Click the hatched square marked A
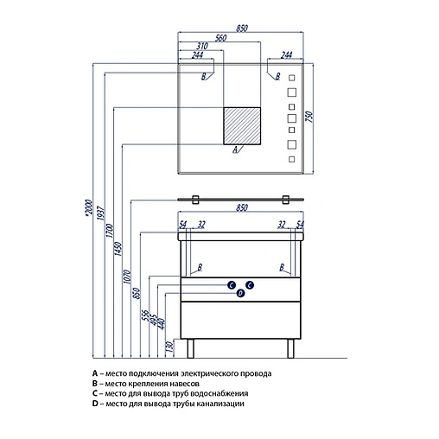tap(242, 126)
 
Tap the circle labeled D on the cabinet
tap(240, 294)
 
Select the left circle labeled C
tap(232, 285)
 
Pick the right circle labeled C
tap(250, 285)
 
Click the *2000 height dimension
tap(88, 207)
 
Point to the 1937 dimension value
tap(100, 213)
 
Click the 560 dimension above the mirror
tap(221, 38)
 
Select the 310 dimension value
tap(202, 46)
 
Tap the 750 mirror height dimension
tap(309, 117)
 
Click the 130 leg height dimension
tap(170, 347)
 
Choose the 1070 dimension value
tap(127, 277)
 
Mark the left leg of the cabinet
tap(190, 348)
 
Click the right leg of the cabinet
tap(290, 348)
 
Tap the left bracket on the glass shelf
tap(195, 200)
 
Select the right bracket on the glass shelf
tap(285, 200)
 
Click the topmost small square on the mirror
tap(292, 78)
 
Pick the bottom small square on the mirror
tap(292, 159)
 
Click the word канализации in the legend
tap(220, 404)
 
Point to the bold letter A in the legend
tap(95, 373)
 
